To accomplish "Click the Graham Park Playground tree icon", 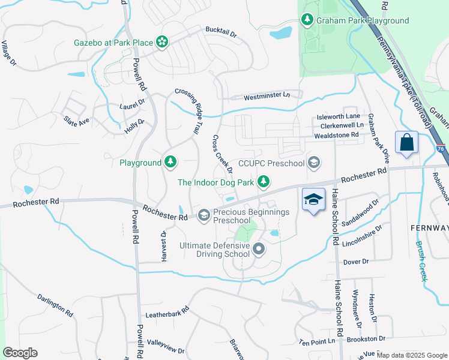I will (308, 20).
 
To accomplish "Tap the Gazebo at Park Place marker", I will (161, 42).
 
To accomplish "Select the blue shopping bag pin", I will (406, 143).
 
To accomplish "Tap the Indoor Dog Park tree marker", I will (262, 181).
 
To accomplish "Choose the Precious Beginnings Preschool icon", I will (204, 214).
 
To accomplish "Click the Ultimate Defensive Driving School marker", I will (259, 248).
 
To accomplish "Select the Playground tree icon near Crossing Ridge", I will (171, 162).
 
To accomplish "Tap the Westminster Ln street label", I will (267, 95).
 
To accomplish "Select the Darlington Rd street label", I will (55, 305).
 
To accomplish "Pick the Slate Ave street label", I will (76, 119).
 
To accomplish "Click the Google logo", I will (20, 353).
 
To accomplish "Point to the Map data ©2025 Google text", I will (411, 355).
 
